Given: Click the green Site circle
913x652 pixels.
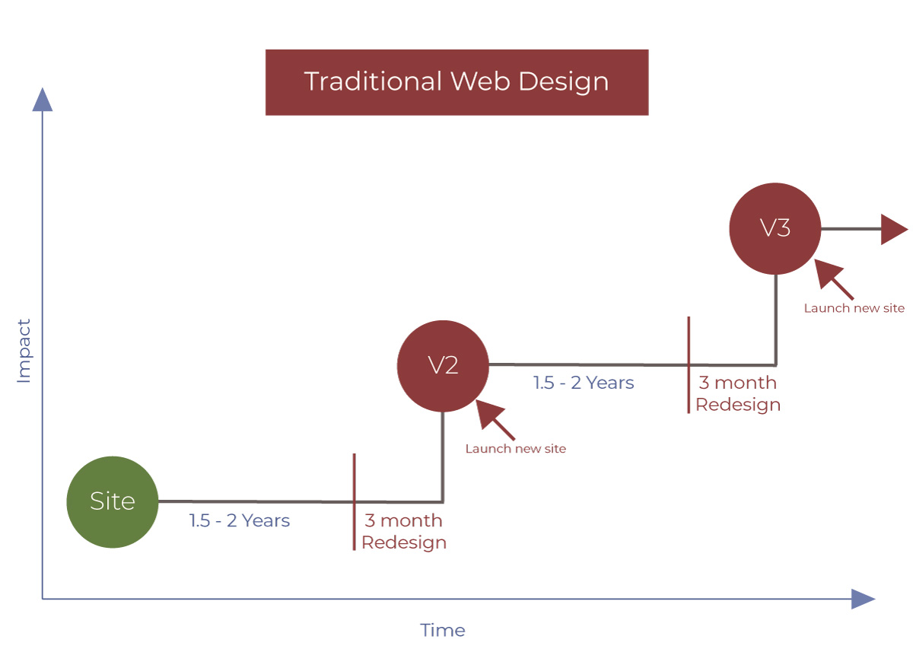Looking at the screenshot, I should pos(112,501).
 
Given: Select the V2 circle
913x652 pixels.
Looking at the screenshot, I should pos(442,365).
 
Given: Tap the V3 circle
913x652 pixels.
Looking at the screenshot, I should pos(775,228).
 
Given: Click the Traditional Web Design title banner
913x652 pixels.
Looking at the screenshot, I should pos(456,82).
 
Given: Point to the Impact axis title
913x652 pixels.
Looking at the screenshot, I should pos(24,351).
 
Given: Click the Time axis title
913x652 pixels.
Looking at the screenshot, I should pos(442,630).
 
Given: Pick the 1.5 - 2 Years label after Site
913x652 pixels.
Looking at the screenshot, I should pos(240,521).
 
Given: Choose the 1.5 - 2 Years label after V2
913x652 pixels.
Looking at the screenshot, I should pos(584,383).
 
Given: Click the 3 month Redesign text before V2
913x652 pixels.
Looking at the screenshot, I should pos(403,531).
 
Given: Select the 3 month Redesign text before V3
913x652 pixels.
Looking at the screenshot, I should pos(737,393).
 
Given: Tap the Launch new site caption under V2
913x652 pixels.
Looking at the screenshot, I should pos(515,449).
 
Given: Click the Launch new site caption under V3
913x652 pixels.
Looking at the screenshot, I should pos(854,308).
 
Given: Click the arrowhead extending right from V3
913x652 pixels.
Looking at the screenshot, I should pos(893,228).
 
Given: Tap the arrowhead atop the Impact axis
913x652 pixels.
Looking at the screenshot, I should pos(43,100).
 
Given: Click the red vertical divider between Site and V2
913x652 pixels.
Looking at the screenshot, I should pos(354,501).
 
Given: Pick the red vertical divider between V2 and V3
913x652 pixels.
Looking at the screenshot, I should pos(689,365).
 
